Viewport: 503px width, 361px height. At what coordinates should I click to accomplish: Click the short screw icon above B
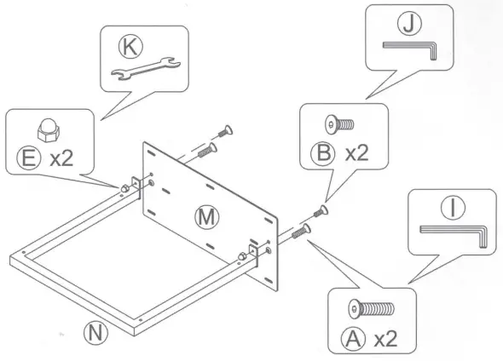(x=340, y=125)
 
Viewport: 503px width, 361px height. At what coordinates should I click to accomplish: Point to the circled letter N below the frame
(x=101, y=331)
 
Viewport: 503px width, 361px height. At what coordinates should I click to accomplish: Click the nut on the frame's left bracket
(x=124, y=188)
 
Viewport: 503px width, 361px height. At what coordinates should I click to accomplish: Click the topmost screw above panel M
(x=227, y=130)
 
